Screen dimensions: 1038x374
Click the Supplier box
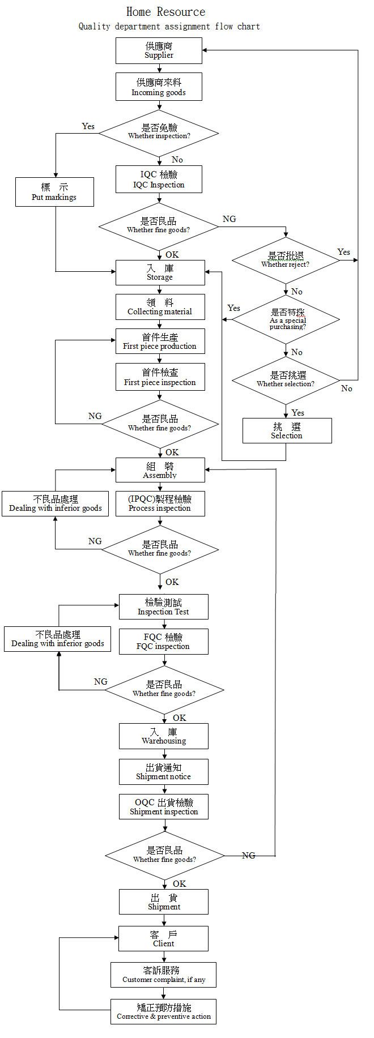[x=159, y=51]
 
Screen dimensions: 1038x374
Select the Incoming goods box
[x=159, y=87]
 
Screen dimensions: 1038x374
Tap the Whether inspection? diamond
[x=159, y=133]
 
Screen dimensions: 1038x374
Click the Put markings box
[x=54, y=192]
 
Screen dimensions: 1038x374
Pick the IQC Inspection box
[x=159, y=180]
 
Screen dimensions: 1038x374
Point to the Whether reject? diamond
[x=286, y=260]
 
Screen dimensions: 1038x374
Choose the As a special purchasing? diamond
[x=286, y=320]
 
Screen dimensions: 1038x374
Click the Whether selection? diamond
[x=286, y=380]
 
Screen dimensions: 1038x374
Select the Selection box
[x=287, y=430]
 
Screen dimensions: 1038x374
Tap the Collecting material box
[x=160, y=306]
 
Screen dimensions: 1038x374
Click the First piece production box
[x=160, y=341]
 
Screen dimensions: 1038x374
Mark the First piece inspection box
[x=160, y=377]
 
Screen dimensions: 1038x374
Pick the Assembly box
[x=160, y=470]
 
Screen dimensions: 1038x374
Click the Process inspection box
[x=160, y=503]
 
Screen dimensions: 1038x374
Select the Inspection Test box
[x=163, y=606]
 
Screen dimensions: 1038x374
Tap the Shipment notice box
[x=163, y=772]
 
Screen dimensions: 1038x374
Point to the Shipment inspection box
[x=164, y=807]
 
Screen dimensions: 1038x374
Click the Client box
[x=163, y=938]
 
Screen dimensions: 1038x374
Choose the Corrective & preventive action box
[x=163, y=1011]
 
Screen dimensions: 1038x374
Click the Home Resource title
[x=165, y=12]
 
